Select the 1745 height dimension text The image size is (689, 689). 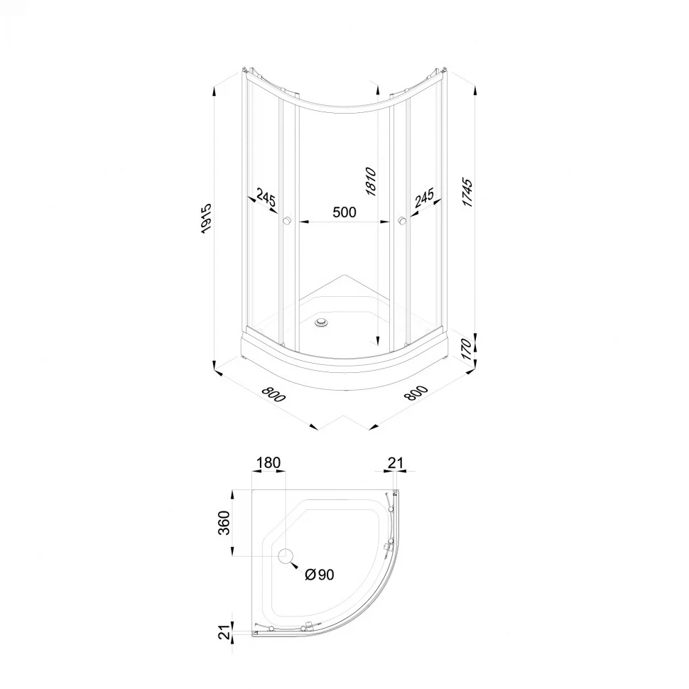pyautogui.click(x=467, y=193)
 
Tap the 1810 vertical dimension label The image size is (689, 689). pyautogui.click(x=371, y=181)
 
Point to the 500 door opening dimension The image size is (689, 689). pyautogui.click(x=344, y=212)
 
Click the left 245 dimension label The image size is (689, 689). pyautogui.click(x=266, y=197)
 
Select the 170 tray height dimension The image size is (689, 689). pyautogui.click(x=467, y=349)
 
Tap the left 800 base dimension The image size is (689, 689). pyautogui.click(x=273, y=394)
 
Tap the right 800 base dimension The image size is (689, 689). pyautogui.click(x=416, y=392)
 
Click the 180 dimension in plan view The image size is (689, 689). pyautogui.click(x=268, y=462)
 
